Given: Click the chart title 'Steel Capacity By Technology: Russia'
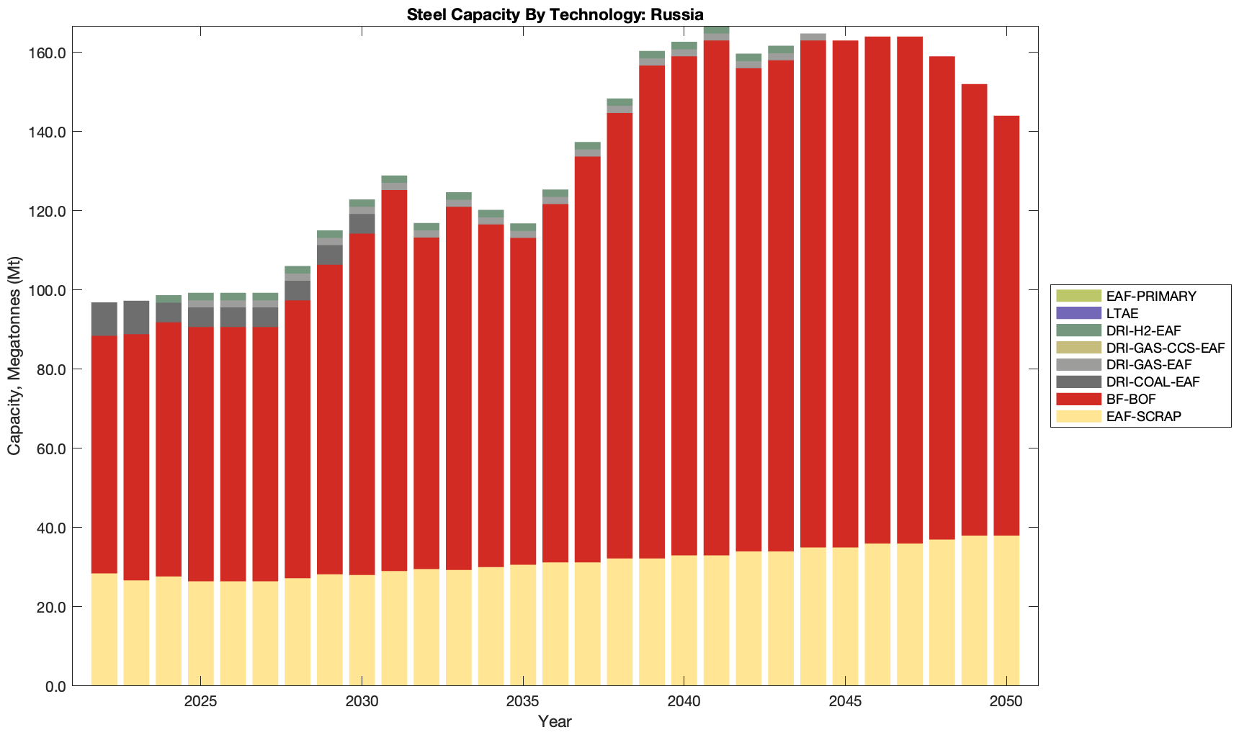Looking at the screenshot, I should coord(555,14).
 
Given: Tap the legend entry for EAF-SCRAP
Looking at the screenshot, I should coord(1143,417).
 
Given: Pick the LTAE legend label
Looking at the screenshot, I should coord(1122,313).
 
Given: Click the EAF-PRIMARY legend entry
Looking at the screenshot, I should coord(1151,296).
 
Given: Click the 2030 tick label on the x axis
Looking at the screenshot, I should coord(362,702).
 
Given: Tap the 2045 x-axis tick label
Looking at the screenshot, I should coord(845,702).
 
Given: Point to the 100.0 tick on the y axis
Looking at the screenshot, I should coord(45,290).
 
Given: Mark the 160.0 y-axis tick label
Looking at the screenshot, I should coord(45,53).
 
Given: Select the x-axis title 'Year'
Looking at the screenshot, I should coord(555,721).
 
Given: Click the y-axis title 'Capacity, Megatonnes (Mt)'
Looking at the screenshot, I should coord(14,356).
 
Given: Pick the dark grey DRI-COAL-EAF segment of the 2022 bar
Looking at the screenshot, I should coord(104,319).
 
